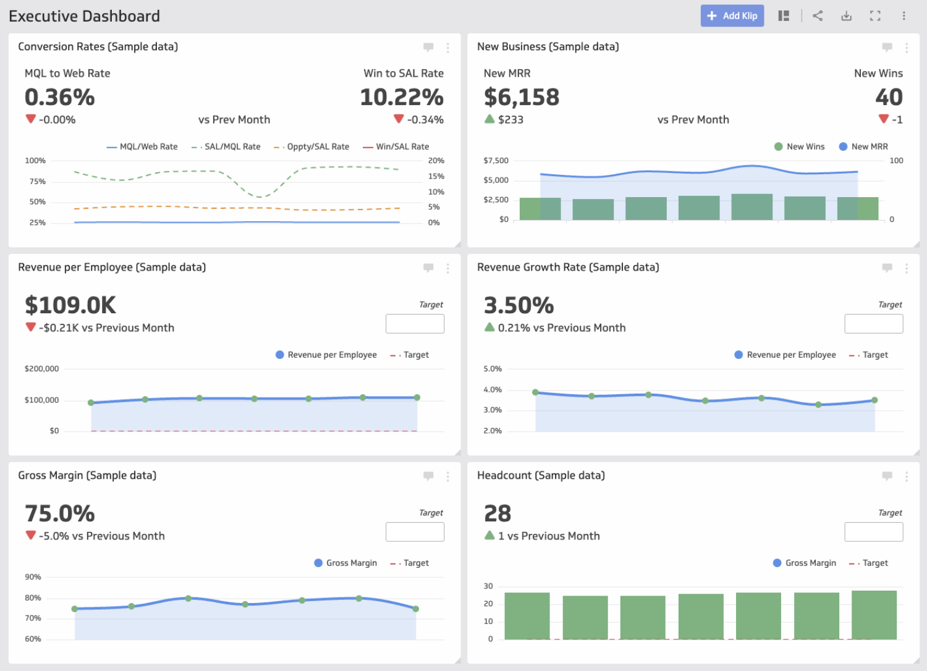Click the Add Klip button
[x=732, y=16]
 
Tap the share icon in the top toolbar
[x=818, y=16]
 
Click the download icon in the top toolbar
[x=846, y=16]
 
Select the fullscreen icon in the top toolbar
[x=875, y=16]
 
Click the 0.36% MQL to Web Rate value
[x=60, y=98]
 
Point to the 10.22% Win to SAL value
[x=402, y=98]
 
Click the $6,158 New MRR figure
[x=522, y=98]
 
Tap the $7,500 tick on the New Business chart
[x=496, y=161]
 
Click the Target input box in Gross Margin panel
[x=415, y=532]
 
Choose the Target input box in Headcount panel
[x=873, y=532]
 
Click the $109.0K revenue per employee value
[x=70, y=306]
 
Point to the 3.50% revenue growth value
[x=519, y=306]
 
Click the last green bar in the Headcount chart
[x=874, y=615]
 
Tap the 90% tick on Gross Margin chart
[x=33, y=577]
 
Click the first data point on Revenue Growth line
[x=536, y=392]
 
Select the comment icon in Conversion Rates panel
[x=428, y=47]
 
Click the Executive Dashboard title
[x=85, y=16]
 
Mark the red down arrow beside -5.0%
[x=30, y=535]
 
